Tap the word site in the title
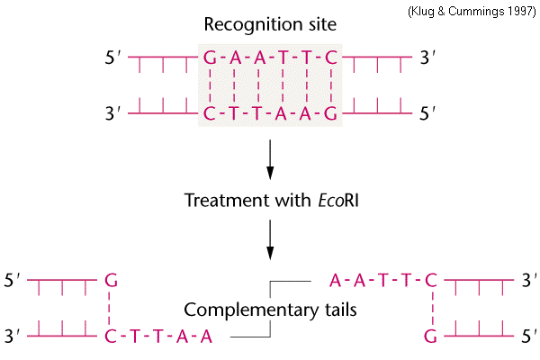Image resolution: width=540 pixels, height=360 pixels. pyautogui.click(x=322, y=24)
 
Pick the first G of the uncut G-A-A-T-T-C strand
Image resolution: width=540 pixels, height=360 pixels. pyautogui.click(x=210, y=58)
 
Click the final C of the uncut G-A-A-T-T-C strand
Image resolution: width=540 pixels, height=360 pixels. pyautogui.click(x=331, y=58)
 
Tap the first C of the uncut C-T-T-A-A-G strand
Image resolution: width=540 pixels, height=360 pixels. pyautogui.click(x=210, y=113)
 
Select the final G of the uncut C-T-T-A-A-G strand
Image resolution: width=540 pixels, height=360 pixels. pyautogui.click(x=330, y=113)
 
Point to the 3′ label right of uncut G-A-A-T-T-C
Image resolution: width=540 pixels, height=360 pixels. pyautogui.click(x=427, y=58)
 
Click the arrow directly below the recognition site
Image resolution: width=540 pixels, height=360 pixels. pyautogui.click(x=270, y=159)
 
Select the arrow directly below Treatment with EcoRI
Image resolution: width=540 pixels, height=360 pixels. pyautogui.click(x=270, y=239)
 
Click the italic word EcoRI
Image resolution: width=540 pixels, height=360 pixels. pyautogui.click(x=338, y=200)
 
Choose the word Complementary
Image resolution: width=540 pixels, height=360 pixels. pyautogui.click(x=251, y=310)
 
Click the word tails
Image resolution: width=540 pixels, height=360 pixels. pyautogui.click(x=341, y=310)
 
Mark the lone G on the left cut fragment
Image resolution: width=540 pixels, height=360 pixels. pyautogui.click(x=112, y=280)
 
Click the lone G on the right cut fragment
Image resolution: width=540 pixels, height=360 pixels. pyautogui.click(x=430, y=336)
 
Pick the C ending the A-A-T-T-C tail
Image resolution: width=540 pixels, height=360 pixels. pyautogui.click(x=431, y=280)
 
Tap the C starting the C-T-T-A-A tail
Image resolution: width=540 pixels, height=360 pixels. pyautogui.click(x=111, y=336)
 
